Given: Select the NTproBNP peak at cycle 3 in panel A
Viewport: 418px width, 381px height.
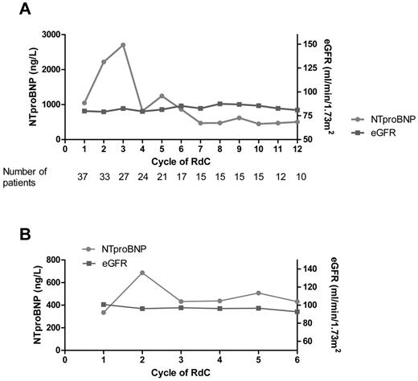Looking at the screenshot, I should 123,44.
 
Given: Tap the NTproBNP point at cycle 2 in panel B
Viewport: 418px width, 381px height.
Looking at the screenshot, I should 142,272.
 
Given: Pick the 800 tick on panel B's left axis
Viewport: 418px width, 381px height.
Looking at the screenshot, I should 52,260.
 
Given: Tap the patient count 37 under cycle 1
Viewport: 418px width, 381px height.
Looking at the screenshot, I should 84,176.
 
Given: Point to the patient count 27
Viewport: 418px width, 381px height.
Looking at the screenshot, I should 123,176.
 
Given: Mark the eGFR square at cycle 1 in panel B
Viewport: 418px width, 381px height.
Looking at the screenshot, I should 104,305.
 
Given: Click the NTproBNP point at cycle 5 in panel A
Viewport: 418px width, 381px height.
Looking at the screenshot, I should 162,96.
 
